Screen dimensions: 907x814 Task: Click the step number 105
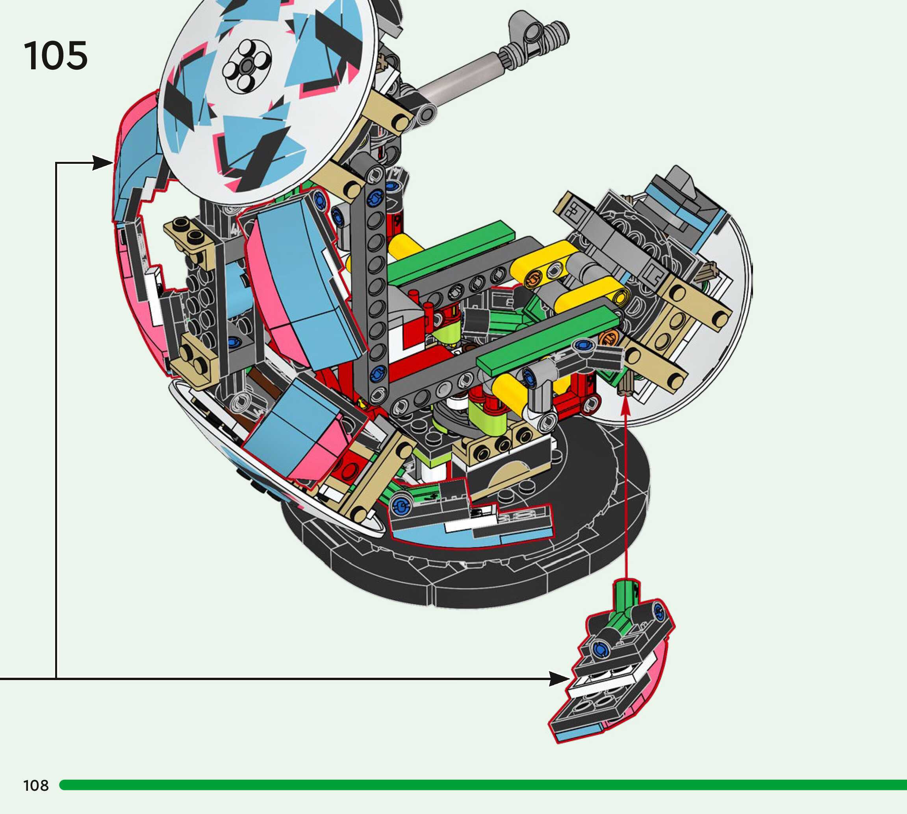pyautogui.click(x=56, y=56)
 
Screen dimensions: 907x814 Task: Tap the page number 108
pyautogui.click(x=36, y=785)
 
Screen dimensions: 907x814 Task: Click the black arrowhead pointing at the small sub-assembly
pyautogui.click(x=560, y=679)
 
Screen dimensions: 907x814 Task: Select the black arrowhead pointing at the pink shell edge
pyautogui.click(x=103, y=163)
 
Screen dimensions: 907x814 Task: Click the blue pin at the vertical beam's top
pyautogui.click(x=375, y=197)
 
